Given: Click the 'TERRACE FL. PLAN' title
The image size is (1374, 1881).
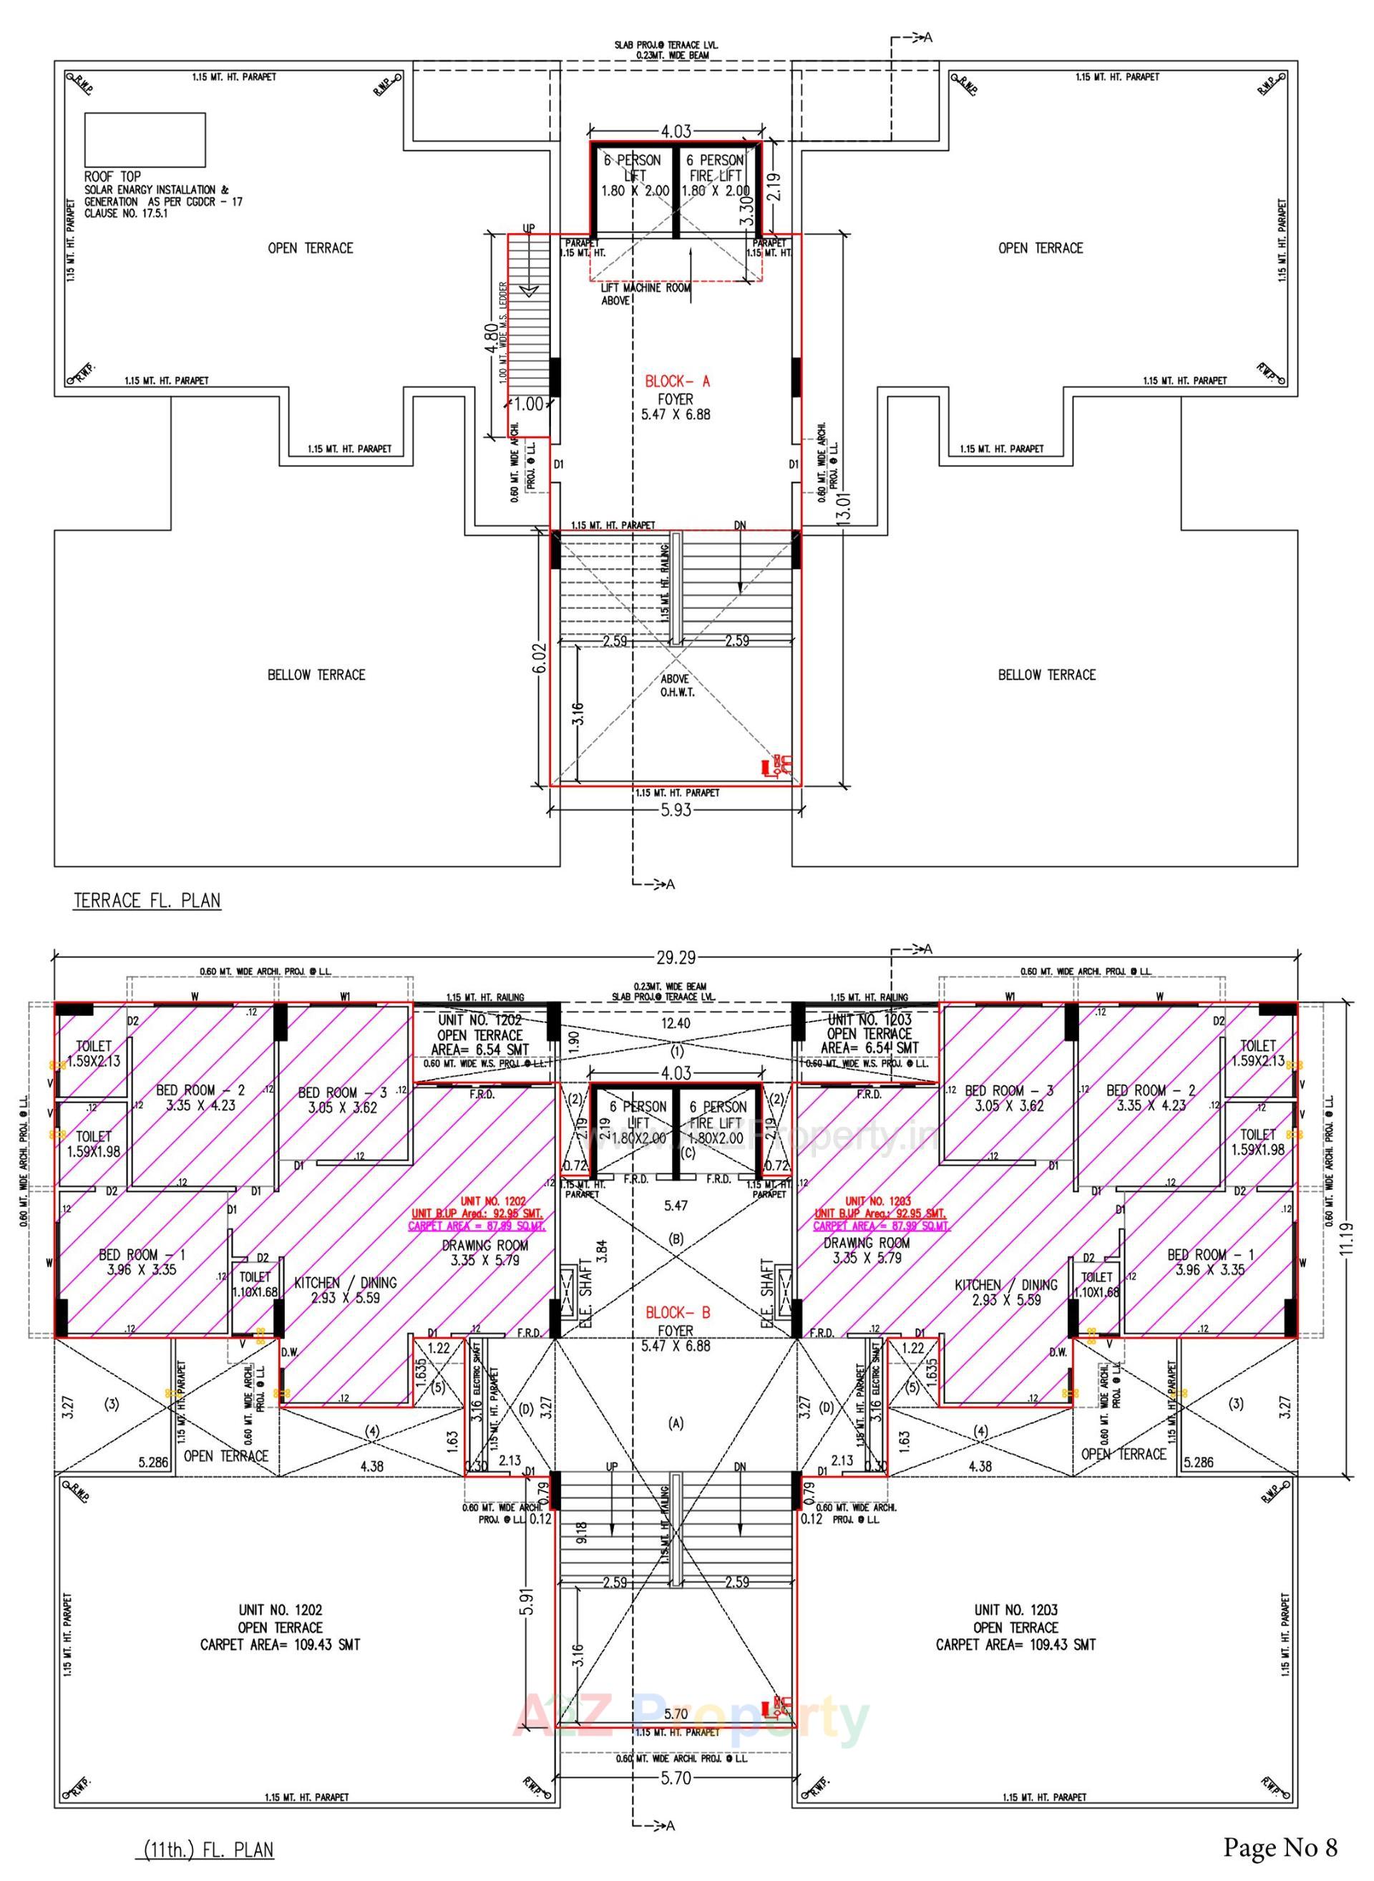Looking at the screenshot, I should click(x=147, y=901).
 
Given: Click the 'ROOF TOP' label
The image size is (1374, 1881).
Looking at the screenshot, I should click(x=112, y=176).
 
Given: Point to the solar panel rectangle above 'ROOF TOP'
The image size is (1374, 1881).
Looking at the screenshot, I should click(x=145, y=140).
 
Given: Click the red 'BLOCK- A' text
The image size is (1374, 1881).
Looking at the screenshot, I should click(x=677, y=381).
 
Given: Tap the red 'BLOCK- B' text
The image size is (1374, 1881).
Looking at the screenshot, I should click(x=678, y=1312).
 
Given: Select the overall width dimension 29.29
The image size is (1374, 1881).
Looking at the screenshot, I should click(x=676, y=958).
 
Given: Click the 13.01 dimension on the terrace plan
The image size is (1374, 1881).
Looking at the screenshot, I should click(x=845, y=506).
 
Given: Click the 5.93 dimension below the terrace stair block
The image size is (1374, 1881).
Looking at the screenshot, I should click(x=676, y=809).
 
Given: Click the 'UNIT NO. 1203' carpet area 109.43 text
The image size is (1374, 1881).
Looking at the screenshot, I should click(x=1015, y=1644).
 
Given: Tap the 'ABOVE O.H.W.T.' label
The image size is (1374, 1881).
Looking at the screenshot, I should click(x=675, y=685).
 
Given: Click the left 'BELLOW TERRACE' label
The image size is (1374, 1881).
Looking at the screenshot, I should click(x=316, y=675).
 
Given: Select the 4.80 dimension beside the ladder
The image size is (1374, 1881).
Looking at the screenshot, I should click(x=492, y=338).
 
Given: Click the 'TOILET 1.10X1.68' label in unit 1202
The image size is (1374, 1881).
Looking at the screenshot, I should click(x=255, y=1284).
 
